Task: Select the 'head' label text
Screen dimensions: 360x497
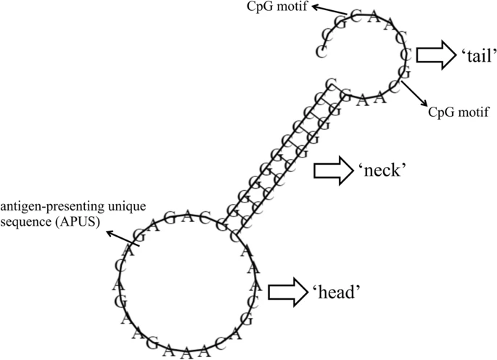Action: coord(337,292)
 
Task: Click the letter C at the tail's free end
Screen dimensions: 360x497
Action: coord(320,51)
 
